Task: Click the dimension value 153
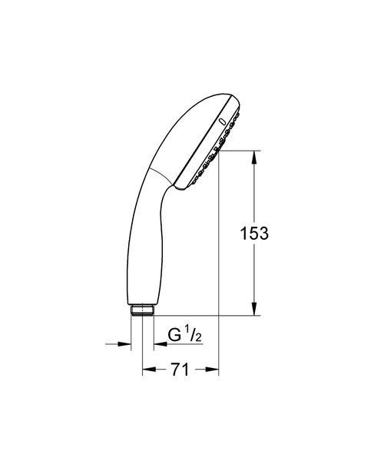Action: pyautogui.click(x=254, y=233)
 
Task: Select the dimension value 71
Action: pyautogui.click(x=180, y=370)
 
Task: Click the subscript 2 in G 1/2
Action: pyautogui.click(x=199, y=337)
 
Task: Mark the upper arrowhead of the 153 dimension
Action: pyautogui.click(x=254, y=158)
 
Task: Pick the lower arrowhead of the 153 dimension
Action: pyautogui.click(x=254, y=308)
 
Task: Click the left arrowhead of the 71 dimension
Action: pyautogui.click(x=149, y=370)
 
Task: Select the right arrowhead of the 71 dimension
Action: pyautogui.click(x=212, y=370)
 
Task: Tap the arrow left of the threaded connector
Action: pyautogui.click(x=118, y=343)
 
